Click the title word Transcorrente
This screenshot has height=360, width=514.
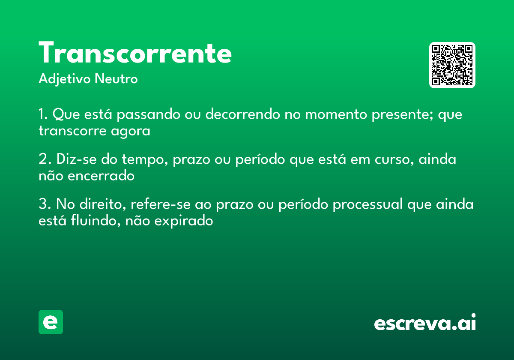coord(135,54)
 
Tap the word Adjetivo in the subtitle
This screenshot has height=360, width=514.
coord(65,79)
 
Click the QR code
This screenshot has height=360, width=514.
coord(452,65)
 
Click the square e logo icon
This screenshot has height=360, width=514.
coord(51,322)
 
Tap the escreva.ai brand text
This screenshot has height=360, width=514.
coord(425,323)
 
